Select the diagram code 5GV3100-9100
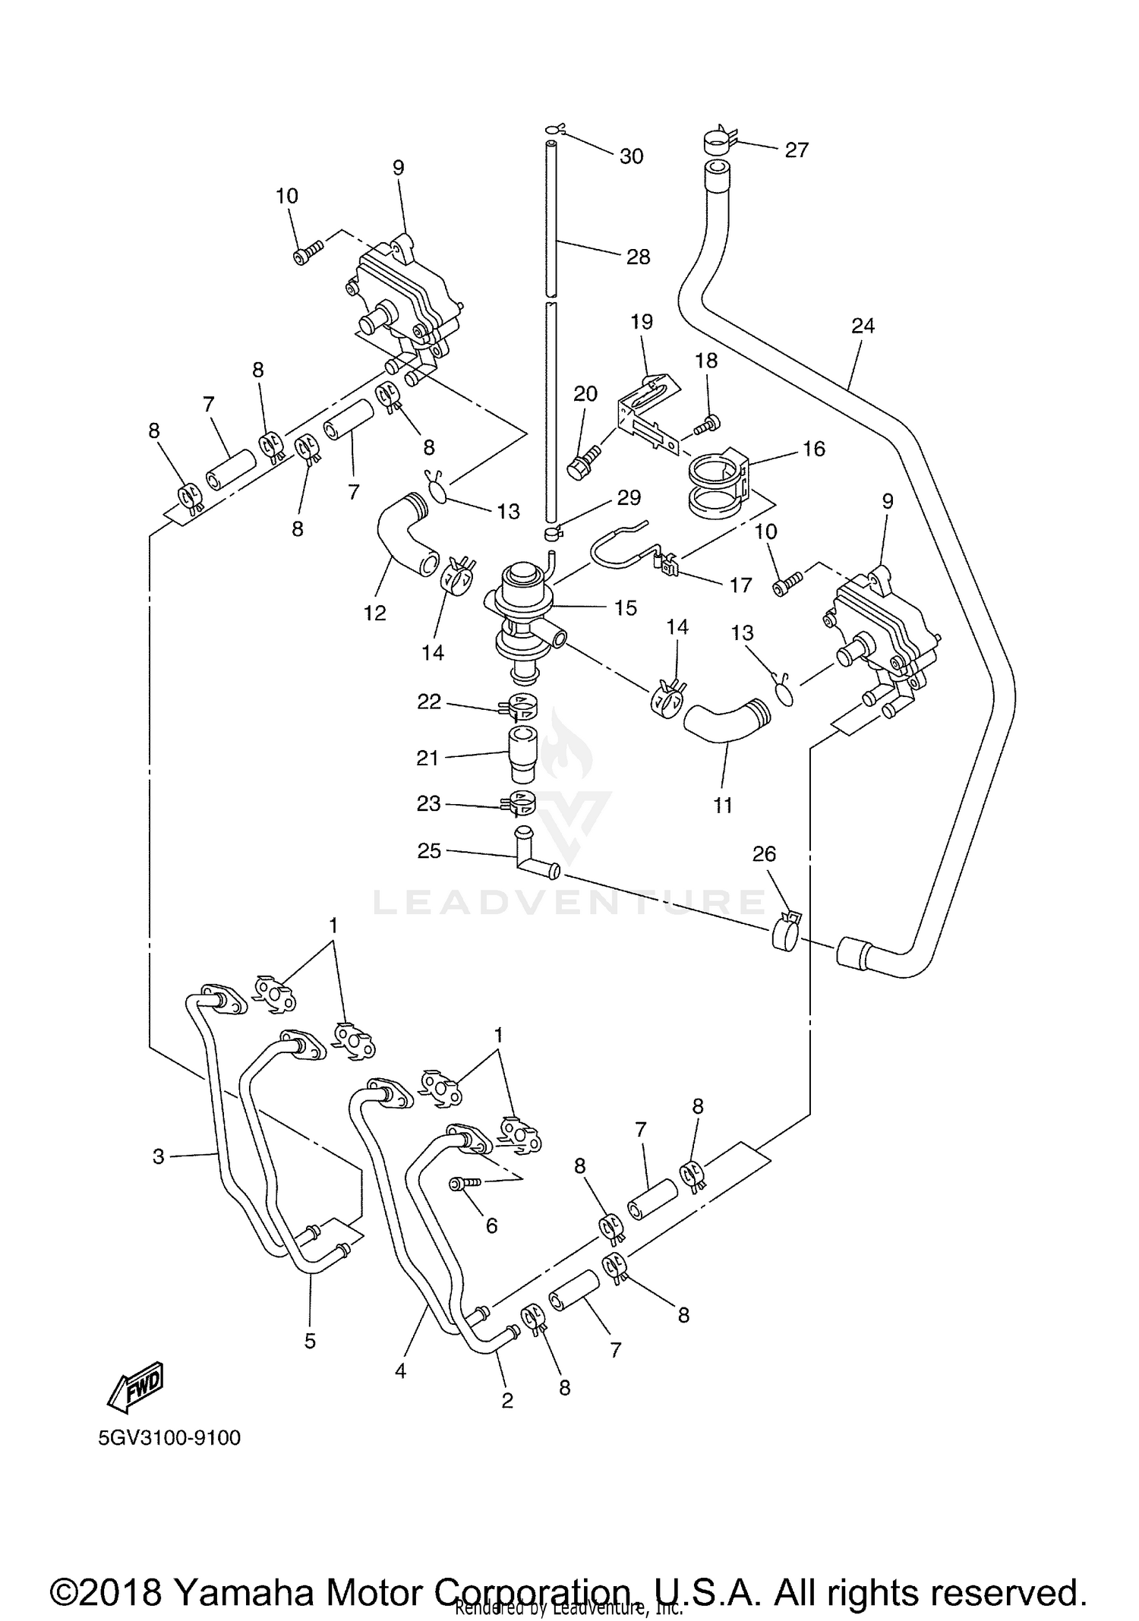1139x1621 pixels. (x=169, y=1438)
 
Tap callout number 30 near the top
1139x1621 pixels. (x=632, y=156)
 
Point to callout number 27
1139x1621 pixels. (x=797, y=150)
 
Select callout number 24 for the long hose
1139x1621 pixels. (x=863, y=326)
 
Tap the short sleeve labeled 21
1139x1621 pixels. (x=521, y=755)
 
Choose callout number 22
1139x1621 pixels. (x=429, y=702)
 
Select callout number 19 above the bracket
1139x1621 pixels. (x=642, y=321)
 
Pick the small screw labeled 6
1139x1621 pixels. (x=463, y=1184)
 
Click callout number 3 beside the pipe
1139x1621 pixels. (x=158, y=1157)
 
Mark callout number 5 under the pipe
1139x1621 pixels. (x=310, y=1341)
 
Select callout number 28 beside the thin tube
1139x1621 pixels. (x=639, y=257)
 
